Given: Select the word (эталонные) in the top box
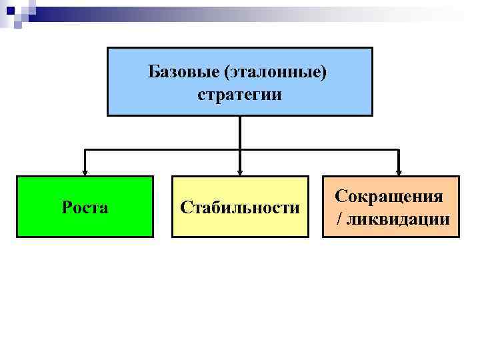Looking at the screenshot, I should click(276, 71).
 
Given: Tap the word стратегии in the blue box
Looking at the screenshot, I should click(239, 95).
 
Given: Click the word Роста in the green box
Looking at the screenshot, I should click(85, 207).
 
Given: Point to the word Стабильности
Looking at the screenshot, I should click(240, 207).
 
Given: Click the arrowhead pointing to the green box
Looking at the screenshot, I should click(85, 171).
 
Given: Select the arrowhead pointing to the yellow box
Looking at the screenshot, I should click(240, 171).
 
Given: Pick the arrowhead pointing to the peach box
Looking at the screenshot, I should click(398, 171).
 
